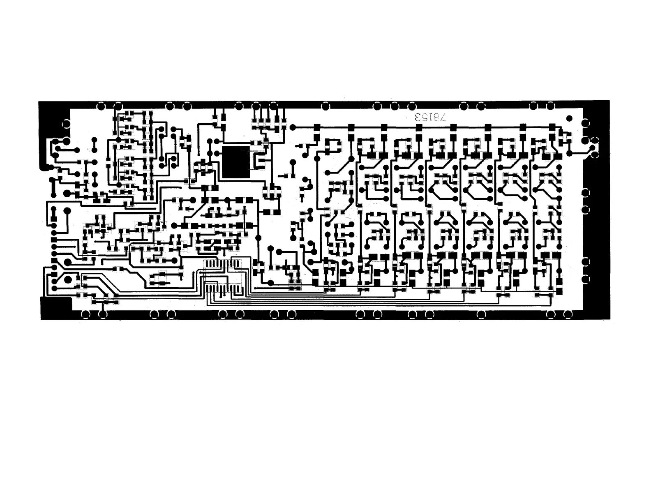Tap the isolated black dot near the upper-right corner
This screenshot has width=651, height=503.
click(x=569, y=118)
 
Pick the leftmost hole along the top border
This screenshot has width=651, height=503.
click(x=100, y=106)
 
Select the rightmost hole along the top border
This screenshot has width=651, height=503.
click(x=551, y=106)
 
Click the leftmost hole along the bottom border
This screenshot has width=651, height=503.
click(x=85, y=314)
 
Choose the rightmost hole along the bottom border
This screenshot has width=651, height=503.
click(x=568, y=314)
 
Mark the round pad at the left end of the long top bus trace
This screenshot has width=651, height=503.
click(x=293, y=127)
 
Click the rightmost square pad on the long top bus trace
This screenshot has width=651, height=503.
click(x=552, y=127)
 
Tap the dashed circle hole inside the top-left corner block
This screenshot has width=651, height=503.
click(x=65, y=123)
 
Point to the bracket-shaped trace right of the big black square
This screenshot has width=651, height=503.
click(x=260, y=161)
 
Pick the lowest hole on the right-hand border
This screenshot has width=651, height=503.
click(x=586, y=279)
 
